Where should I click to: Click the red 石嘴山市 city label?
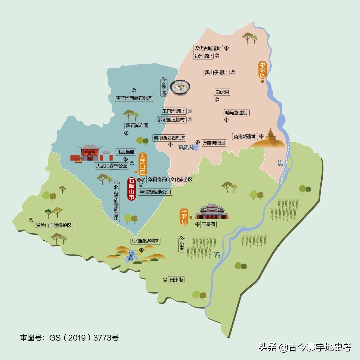coord(132,189)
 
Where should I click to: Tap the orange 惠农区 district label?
coord(263,69)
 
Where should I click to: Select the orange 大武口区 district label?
coord(143,164)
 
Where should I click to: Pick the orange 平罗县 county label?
coord(184,217)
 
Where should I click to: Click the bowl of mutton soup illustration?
coord(180,87)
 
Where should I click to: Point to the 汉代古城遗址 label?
coord(208,48)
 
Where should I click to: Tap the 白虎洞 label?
coord(222,92)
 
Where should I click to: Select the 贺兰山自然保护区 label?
coord(54,225)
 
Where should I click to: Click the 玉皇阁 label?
coord(209,225)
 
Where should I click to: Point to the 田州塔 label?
coord(176,280)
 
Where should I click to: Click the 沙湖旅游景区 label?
coord(146,241)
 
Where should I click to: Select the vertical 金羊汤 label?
coord(164,88)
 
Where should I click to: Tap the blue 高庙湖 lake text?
coord(186,147)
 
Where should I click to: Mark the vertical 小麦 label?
coord(181,245)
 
